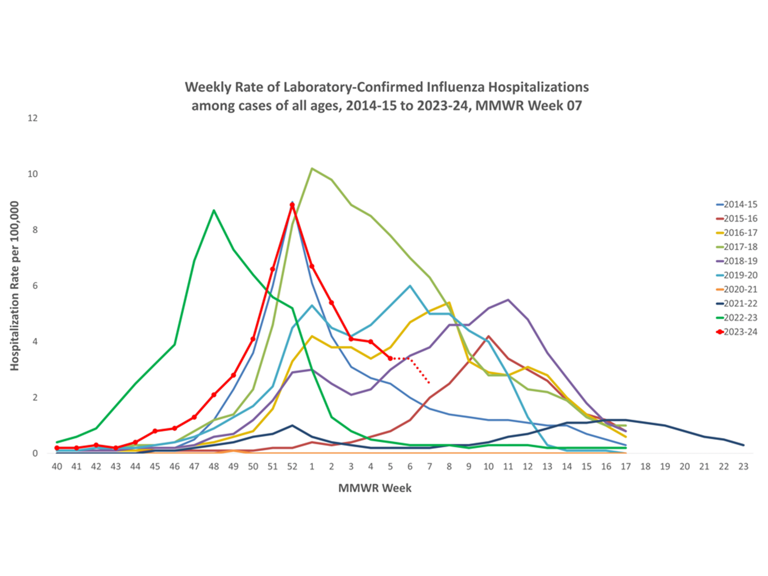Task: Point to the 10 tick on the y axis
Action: click(x=33, y=174)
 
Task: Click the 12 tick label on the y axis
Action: click(x=33, y=118)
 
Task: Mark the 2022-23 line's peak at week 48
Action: click(x=214, y=210)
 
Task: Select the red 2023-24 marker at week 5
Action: click(x=390, y=358)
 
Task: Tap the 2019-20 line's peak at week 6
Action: click(x=410, y=286)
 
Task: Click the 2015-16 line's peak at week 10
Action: click(x=488, y=336)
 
